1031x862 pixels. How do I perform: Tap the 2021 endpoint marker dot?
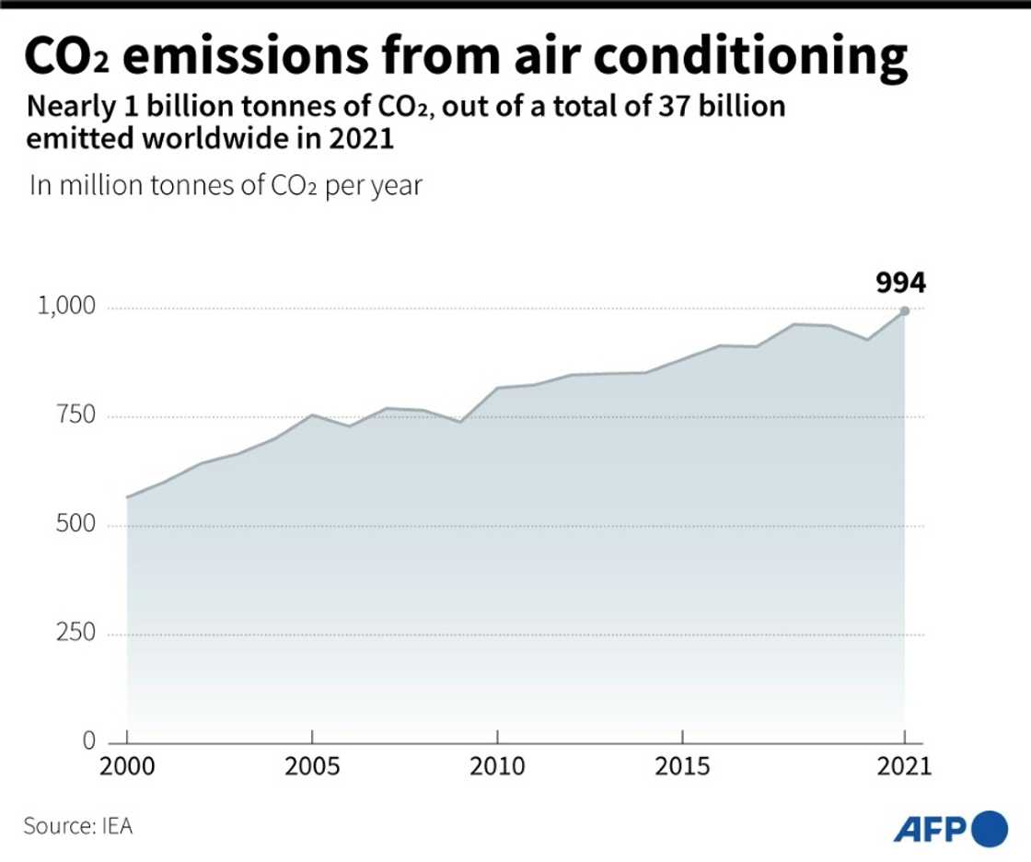point(905,311)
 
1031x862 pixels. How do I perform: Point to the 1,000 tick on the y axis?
point(65,308)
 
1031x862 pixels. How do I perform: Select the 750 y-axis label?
point(76,416)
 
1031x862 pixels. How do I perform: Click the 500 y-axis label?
point(76,525)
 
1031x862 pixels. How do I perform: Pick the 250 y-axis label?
point(76,634)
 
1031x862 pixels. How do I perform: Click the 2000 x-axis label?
point(127,766)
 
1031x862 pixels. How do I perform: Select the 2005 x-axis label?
point(312,766)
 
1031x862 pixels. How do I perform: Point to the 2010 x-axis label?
point(497,766)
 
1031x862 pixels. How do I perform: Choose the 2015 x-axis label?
point(682,766)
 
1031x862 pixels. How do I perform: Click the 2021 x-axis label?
point(904,766)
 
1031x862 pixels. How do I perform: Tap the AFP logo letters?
point(931,828)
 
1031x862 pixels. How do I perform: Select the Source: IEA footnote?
point(78,826)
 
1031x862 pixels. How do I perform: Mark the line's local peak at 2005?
point(312,414)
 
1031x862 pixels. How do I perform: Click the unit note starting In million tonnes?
point(226,185)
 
